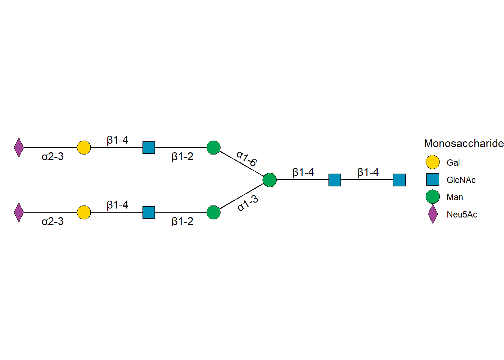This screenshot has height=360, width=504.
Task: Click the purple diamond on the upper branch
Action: [x=19, y=147]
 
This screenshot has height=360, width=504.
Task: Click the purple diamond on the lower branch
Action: [x=19, y=212]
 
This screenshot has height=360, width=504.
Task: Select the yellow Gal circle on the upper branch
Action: [x=84, y=147]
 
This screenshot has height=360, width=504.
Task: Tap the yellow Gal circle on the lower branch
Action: [x=84, y=212]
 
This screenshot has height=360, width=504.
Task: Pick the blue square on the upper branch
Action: [x=148, y=147]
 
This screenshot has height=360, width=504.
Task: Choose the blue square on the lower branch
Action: [x=148, y=212]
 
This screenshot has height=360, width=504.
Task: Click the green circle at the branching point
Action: [x=270, y=180]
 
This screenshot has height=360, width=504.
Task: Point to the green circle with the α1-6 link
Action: [x=213, y=147]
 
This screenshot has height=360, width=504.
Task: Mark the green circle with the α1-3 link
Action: [x=213, y=212]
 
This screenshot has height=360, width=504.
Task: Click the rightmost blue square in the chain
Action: [x=399, y=180]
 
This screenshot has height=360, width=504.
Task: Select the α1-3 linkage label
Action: [x=248, y=203]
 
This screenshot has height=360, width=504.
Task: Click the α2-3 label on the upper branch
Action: [x=52, y=156]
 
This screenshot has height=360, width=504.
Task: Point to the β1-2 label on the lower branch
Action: [x=182, y=221]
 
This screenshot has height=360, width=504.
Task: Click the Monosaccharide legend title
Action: [x=463, y=143]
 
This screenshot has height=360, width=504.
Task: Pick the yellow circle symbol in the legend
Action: [x=432, y=162]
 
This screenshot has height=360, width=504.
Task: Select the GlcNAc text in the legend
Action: [x=461, y=180]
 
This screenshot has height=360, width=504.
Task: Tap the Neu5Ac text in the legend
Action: [x=462, y=214]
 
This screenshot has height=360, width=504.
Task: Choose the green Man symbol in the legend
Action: [x=432, y=197]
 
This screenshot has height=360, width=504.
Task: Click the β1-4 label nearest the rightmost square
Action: [x=368, y=172]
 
